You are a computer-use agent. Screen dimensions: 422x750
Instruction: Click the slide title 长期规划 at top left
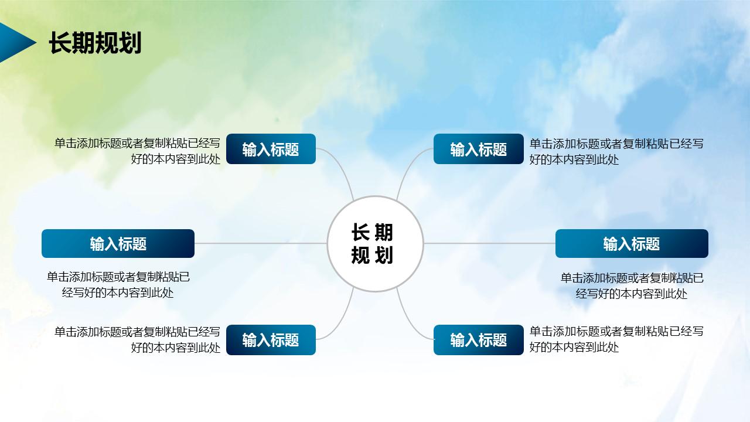(x=95, y=43)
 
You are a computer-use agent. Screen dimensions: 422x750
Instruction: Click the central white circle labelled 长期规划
(x=375, y=243)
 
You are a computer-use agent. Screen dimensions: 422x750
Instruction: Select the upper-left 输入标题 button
(x=271, y=149)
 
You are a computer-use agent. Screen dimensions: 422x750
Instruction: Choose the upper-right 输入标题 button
(x=478, y=149)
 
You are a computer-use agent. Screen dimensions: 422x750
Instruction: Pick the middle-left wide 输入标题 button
(x=118, y=243)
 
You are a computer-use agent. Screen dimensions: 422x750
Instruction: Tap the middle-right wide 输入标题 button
(x=632, y=243)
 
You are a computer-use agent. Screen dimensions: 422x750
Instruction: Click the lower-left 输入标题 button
(x=271, y=340)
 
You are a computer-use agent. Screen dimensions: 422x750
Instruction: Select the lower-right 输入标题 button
(x=478, y=340)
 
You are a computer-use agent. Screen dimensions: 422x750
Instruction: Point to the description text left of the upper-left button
(x=138, y=151)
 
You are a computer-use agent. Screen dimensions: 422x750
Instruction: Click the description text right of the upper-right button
(x=615, y=151)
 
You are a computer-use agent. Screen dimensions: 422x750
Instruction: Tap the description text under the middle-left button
(x=118, y=284)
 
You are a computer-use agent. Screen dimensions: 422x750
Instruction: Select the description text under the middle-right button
(x=632, y=285)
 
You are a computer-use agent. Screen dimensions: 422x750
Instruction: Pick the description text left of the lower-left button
(x=138, y=339)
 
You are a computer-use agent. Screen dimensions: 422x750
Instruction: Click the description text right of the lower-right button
(x=615, y=339)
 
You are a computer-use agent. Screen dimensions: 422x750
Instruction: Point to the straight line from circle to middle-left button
(x=261, y=243)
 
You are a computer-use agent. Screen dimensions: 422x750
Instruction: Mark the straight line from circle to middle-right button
(x=489, y=243)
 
